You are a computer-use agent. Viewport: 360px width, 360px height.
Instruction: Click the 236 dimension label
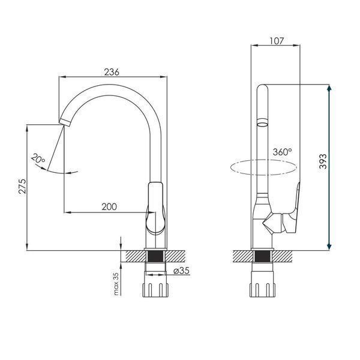point(112,72)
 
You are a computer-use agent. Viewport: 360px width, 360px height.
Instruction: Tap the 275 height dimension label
point(23,186)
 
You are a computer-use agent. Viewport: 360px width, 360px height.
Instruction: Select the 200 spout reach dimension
point(109,207)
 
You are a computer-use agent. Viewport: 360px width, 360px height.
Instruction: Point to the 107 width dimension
point(277,41)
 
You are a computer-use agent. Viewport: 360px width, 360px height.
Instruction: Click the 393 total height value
point(323,161)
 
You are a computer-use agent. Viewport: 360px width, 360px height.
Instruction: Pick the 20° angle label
point(38,158)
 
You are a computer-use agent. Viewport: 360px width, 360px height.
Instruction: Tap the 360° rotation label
point(283,152)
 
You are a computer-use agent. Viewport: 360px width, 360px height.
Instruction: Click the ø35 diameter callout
point(182,271)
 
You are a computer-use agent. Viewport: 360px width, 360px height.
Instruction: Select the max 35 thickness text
point(116,284)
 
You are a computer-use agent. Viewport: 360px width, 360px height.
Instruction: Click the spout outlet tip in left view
point(65,122)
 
